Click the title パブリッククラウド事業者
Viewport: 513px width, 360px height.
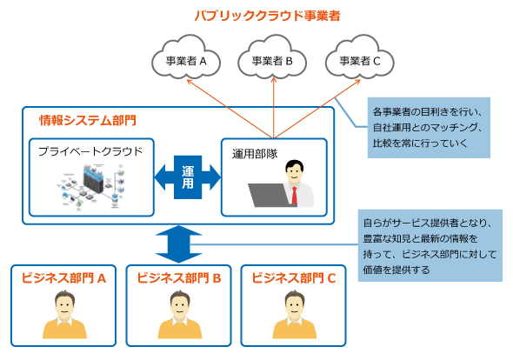tap(267, 16)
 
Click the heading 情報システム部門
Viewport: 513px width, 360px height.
tap(88, 120)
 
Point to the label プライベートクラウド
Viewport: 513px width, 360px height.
tap(90, 151)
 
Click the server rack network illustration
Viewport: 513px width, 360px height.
tap(91, 187)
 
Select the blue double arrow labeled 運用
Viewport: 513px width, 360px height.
tap(188, 177)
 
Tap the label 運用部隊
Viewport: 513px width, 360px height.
tap(255, 154)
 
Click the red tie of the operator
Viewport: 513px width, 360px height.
tap(295, 196)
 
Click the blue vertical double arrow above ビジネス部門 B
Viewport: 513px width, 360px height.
tap(178, 244)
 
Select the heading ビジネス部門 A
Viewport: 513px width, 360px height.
tap(63, 278)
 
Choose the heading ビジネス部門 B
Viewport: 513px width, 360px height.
tap(179, 278)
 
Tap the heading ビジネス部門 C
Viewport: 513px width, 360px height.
tap(294, 278)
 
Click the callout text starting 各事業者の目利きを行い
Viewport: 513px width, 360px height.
tap(428, 128)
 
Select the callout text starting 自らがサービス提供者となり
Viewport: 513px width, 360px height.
tap(430, 246)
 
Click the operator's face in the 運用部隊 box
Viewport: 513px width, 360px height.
tap(295, 173)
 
